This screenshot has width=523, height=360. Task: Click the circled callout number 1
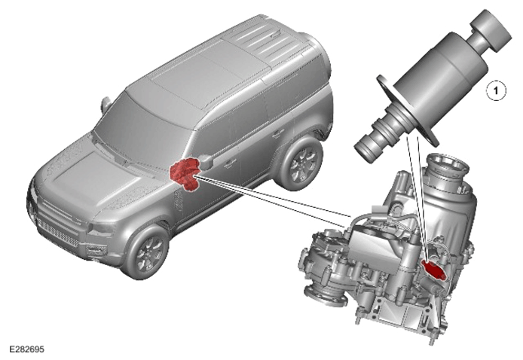[x=496, y=90]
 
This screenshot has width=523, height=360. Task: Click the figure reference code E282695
[x=26, y=349]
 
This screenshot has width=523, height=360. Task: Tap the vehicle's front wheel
[x=145, y=252]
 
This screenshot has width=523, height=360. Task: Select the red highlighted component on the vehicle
[x=184, y=175]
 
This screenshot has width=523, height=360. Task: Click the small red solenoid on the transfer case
[x=433, y=269]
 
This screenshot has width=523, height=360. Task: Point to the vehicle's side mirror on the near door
[x=207, y=162]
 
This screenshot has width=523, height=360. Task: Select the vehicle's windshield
[x=141, y=121]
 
